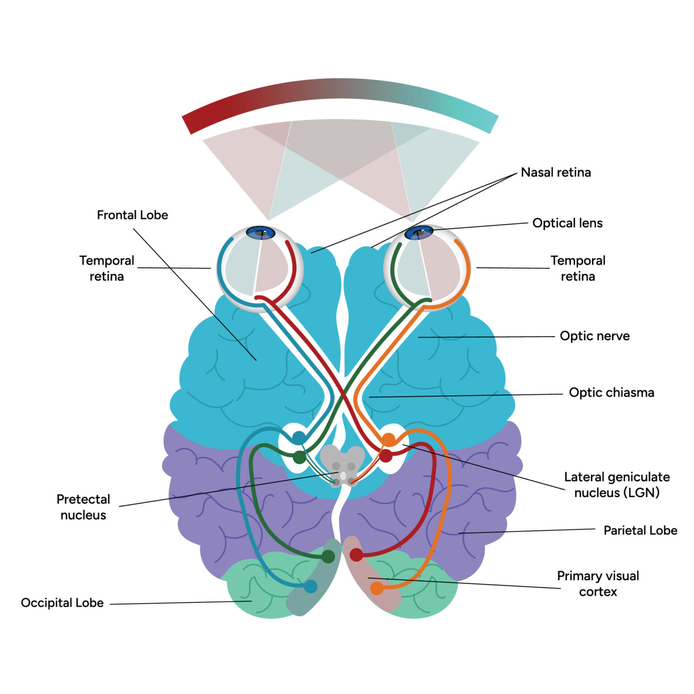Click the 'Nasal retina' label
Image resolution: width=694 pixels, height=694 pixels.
556,173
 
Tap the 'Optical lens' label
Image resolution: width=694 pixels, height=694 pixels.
567,223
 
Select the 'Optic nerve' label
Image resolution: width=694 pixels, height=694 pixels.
595,336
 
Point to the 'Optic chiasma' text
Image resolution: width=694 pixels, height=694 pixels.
611,393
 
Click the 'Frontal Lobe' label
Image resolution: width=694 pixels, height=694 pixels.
132,215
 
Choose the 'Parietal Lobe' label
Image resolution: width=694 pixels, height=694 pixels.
640,530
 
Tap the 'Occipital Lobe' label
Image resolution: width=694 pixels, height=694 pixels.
62,603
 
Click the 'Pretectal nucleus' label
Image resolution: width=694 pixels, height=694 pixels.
83,507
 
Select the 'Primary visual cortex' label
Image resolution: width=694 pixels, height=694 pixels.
598,584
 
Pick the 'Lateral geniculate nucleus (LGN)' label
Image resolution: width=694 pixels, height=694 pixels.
617,485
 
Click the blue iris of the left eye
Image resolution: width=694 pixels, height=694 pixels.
261,233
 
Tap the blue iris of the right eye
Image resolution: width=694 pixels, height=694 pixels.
418,233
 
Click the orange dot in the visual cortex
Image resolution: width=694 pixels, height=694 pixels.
377,588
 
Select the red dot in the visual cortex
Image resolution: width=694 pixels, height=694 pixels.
356,555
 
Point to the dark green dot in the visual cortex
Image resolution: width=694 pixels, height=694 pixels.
328,556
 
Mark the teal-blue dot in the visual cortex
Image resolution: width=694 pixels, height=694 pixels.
311,586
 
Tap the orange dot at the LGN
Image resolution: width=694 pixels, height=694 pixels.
389,439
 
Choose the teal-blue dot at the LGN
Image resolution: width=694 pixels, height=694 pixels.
299,437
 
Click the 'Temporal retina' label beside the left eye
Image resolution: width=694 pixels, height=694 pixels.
107,268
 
